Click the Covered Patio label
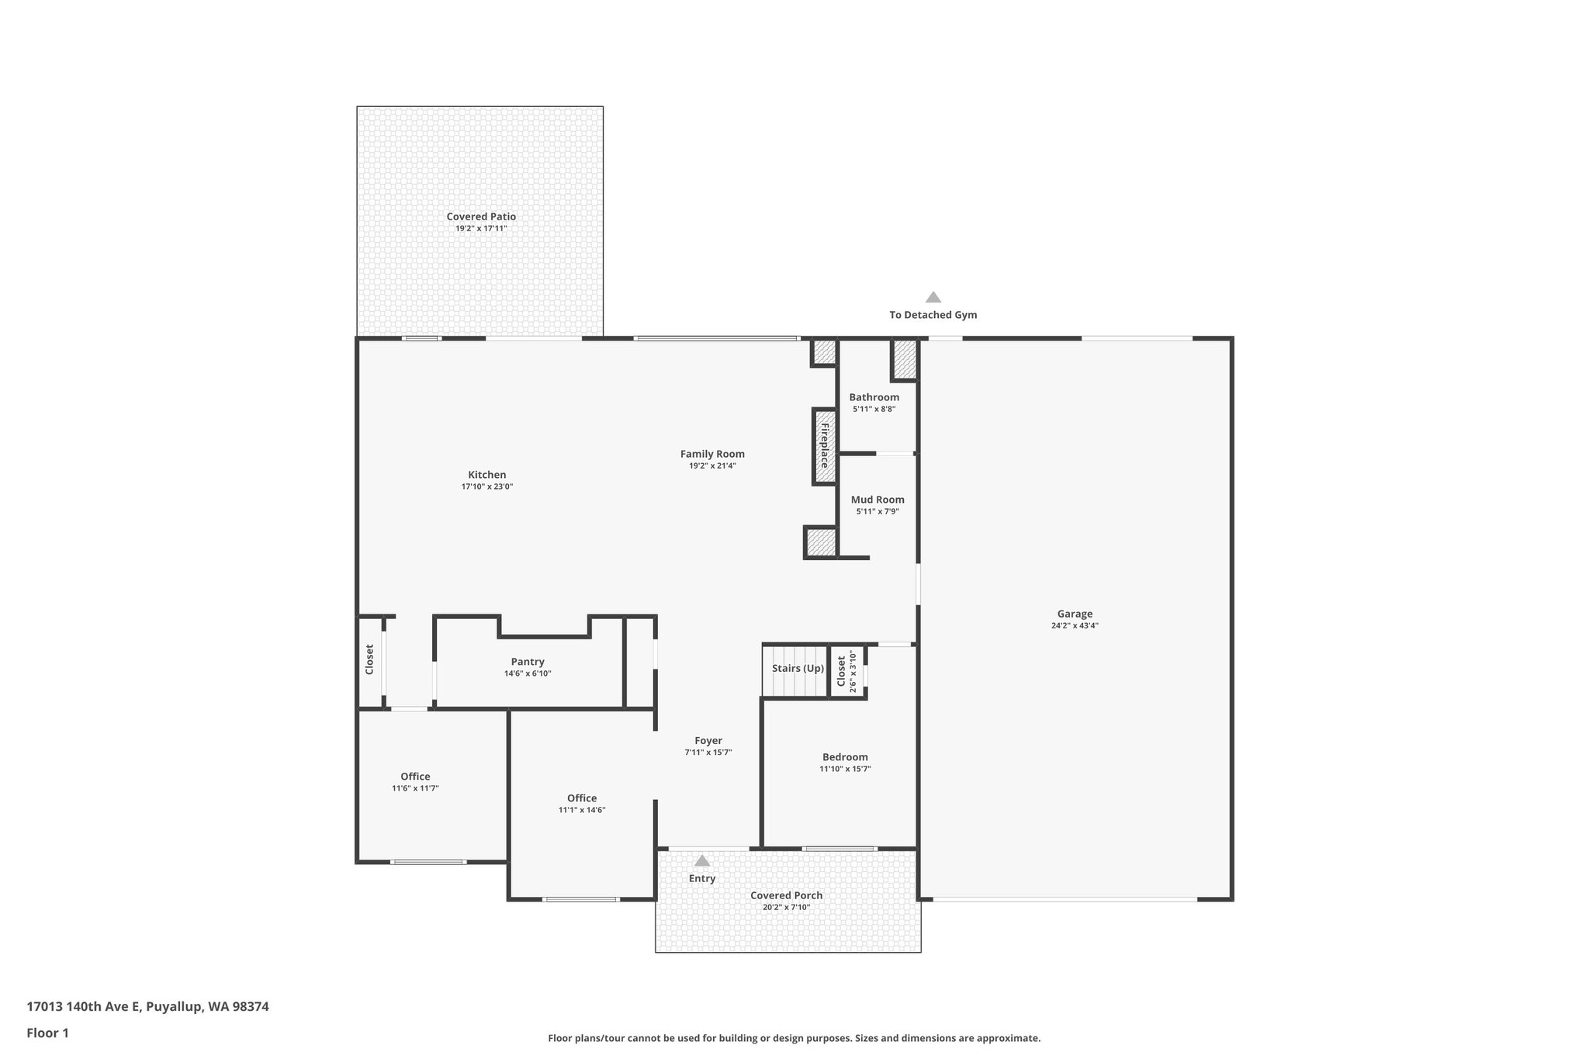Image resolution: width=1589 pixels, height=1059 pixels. point(480,216)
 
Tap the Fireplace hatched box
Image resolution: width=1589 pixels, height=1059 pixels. point(824,446)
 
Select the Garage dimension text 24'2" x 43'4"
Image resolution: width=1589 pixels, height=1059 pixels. point(1075,625)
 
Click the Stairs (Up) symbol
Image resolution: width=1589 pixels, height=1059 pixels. point(797,670)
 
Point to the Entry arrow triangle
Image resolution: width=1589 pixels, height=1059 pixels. point(702,860)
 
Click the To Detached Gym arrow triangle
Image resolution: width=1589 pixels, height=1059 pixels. point(933,297)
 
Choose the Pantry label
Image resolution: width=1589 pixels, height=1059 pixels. point(528,662)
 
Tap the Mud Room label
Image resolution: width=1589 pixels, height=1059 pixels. point(877,500)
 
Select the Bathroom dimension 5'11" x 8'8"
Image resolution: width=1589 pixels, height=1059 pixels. point(874,409)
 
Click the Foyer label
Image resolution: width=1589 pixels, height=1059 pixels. point(708,741)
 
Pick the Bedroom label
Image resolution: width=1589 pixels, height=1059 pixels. point(845,757)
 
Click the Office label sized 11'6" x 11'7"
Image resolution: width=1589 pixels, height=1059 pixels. point(415,777)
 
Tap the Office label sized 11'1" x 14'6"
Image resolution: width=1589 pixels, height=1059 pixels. point(582,798)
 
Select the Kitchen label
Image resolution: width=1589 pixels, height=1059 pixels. point(486,475)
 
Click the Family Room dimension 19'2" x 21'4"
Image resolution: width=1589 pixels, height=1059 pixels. point(712,466)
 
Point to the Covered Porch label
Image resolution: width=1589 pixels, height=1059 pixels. point(786,895)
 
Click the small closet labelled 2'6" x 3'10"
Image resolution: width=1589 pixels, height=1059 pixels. point(846,672)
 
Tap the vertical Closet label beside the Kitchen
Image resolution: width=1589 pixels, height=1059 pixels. point(369,659)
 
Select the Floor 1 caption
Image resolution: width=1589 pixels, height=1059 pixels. point(47,1033)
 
